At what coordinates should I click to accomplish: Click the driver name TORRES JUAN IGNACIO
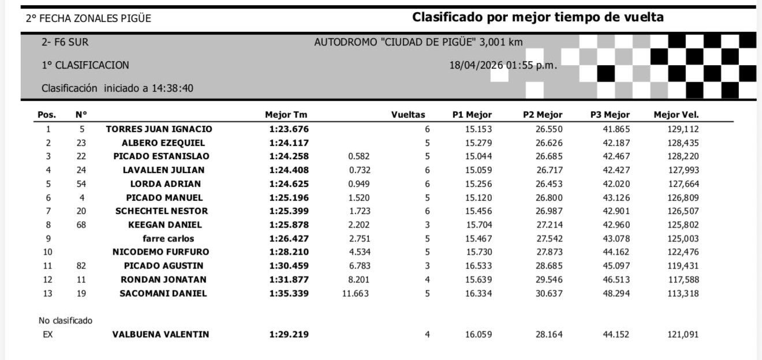coord(159,129)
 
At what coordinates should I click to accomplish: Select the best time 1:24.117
coord(289,143)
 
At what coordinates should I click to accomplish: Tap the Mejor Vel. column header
coord(676,115)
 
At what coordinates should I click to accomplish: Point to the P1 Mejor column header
coord(472,115)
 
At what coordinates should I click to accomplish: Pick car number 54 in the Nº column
coord(81,184)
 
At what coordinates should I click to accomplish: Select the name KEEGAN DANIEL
coord(165,225)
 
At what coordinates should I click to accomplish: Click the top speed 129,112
coord(683,129)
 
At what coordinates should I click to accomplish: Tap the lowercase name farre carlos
coord(168,239)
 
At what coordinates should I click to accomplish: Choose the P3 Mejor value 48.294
coord(616,294)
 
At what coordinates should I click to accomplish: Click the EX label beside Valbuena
coord(47,335)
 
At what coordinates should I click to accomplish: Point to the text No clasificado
coord(65,321)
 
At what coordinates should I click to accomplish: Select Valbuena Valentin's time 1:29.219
coord(289,335)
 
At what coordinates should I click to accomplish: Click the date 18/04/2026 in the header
coord(476,65)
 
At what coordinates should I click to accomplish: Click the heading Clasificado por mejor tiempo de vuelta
coord(537,17)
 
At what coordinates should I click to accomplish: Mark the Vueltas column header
coord(408,115)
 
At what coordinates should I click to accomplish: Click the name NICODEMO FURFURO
coord(160,252)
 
